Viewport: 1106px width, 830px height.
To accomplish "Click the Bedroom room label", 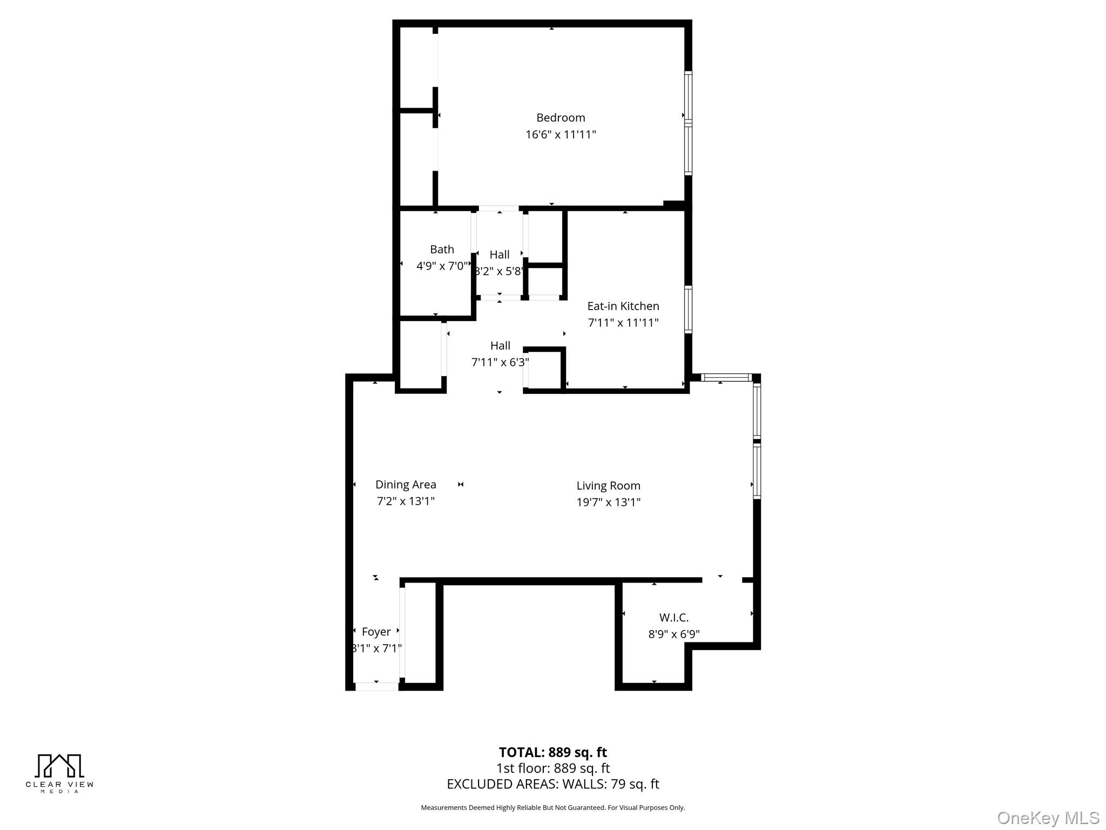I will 560,118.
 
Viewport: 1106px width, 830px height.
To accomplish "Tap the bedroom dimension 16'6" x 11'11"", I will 560,135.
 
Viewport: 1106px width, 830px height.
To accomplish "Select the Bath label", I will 442,250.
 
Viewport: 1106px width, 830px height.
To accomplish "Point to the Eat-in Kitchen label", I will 623,306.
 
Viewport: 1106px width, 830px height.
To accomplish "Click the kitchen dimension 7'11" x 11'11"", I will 623,323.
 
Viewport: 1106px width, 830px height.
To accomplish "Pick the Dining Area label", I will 406,485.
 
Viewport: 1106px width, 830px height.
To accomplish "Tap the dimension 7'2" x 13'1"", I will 406,501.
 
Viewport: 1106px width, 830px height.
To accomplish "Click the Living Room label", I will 608,486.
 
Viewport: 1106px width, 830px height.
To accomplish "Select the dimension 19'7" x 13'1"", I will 608,503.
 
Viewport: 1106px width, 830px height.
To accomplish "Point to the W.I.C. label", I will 673,618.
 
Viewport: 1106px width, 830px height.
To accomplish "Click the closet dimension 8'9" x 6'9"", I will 673,634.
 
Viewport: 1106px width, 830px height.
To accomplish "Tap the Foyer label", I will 376,632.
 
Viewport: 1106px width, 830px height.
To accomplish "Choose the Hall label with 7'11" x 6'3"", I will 500,346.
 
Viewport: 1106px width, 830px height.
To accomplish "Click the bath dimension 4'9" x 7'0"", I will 441,266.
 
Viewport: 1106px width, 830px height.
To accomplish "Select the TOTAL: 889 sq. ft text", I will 552,752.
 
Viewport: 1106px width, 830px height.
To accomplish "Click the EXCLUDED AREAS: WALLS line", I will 552,784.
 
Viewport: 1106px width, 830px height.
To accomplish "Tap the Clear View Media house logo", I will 59,766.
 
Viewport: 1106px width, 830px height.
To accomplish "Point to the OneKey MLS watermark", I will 1048,818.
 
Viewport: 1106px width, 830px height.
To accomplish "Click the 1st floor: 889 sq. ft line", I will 552,768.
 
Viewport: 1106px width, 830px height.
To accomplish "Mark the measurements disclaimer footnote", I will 552,808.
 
